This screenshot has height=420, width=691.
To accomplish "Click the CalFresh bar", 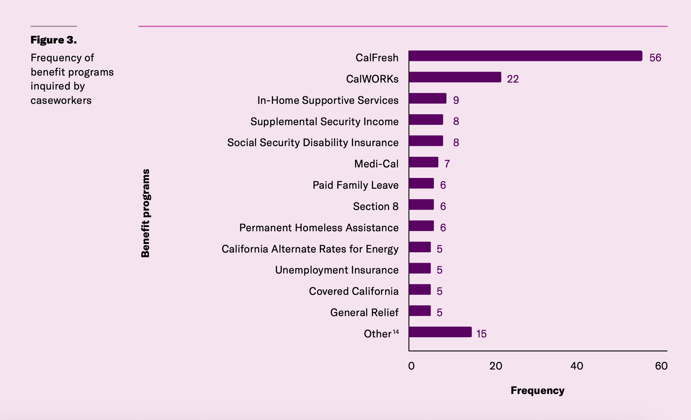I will coord(525,56).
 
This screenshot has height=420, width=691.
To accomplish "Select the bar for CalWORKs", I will coord(455,77).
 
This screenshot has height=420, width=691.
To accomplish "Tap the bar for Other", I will coord(440,332).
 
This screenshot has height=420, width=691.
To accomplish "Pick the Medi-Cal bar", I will coord(423,162).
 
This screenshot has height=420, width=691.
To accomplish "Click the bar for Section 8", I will coord(421,205).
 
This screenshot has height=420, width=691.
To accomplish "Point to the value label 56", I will coord(655,58).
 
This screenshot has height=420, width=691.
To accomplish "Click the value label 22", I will coord(513,79).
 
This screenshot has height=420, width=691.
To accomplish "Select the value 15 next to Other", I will coord(481,334).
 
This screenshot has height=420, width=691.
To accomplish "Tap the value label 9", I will coord(456,100).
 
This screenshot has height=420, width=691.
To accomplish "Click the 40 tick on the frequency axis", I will coord(577,366).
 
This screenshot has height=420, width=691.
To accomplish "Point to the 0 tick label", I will coord(411,366).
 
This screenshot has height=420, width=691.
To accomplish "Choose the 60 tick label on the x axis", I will coord(661,366).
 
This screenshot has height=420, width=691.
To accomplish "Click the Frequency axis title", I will coord(537,391).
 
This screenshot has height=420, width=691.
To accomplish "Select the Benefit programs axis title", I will coord(145,213).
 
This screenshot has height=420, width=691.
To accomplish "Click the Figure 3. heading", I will coord(54,40).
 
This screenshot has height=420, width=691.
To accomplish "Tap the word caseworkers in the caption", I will coord(61,100).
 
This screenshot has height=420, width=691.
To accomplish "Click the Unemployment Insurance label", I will coord(337,270).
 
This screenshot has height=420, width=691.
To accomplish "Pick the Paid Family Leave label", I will coord(356,185).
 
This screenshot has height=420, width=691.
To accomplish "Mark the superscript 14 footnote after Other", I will coord(396,332).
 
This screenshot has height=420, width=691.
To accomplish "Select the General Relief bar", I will coord(420,311).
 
